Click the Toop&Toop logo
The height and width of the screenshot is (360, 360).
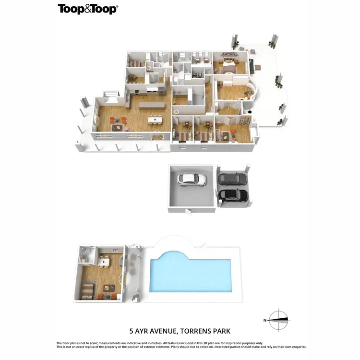pyautogui.click(x=88, y=9)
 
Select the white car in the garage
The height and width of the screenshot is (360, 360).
pyautogui.click(x=192, y=180)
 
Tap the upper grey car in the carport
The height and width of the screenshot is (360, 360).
pyautogui.click(x=232, y=179)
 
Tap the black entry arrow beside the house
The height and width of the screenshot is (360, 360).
pyautogui.click(x=248, y=112)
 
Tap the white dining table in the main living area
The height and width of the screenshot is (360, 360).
pyautogui.click(x=155, y=120)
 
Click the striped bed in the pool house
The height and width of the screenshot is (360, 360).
pyautogui.click(x=87, y=290)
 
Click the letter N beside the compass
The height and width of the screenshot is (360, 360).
pyautogui.click(x=264, y=320)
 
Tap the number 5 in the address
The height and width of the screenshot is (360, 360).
pyautogui.click(x=131, y=331)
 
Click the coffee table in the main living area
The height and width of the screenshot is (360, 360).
pyautogui.click(x=117, y=127)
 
